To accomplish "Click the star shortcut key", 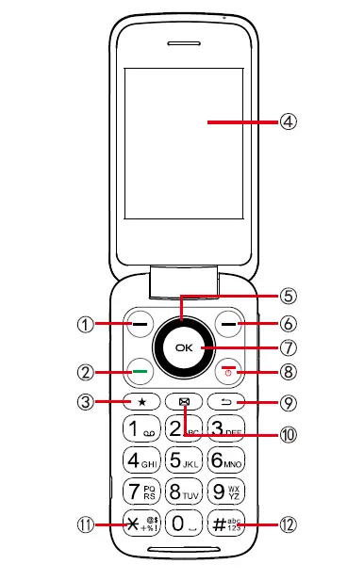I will pos(141,402).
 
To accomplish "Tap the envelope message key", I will pos(184,402).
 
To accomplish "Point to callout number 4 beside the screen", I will pos(289,121).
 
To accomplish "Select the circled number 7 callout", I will pos(289,347).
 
